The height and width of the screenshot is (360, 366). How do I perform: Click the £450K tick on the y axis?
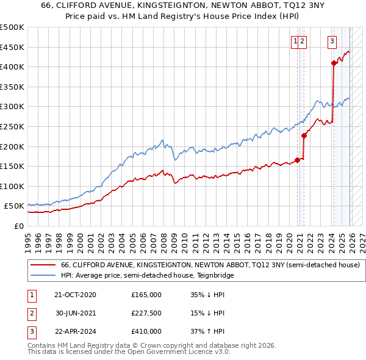click(x=12, y=47)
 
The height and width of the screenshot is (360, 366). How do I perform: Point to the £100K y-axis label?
click(x=12, y=186)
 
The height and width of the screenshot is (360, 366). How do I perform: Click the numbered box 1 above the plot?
click(x=296, y=41)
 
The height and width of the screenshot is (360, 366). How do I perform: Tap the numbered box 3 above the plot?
click(x=332, y=41)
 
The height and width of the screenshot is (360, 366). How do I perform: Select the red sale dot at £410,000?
click(x=334, y=63)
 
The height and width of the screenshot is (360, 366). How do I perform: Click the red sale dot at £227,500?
click(x=304, y=135)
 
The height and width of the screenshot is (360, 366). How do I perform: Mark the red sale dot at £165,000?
click(x=297, y=160)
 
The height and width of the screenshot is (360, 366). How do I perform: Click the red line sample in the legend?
click(x=43, y=265)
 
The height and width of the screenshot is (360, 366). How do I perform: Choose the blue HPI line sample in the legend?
click(x=43, y=276)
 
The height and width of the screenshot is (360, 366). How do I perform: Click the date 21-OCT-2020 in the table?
click(x=75, y=294)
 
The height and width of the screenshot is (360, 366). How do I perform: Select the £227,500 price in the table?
click(x=146, y=313)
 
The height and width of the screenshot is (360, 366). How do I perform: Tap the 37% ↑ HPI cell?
click(x=207, y=331)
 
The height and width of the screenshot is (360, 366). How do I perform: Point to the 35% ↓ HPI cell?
click(x=207, y=294)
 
